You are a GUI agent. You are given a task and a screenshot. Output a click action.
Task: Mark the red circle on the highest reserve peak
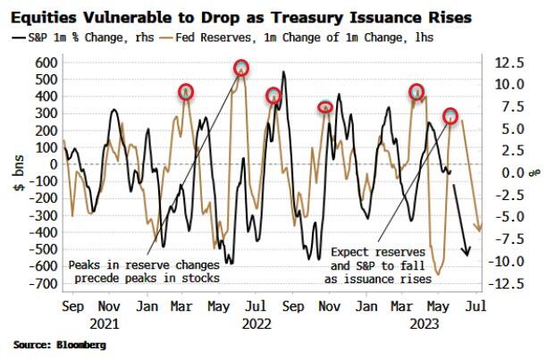(x=241, y=68)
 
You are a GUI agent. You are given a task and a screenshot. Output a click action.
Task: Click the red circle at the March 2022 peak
(x=186, y=92)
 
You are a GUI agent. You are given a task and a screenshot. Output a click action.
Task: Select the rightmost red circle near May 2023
(x=450, y=116)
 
